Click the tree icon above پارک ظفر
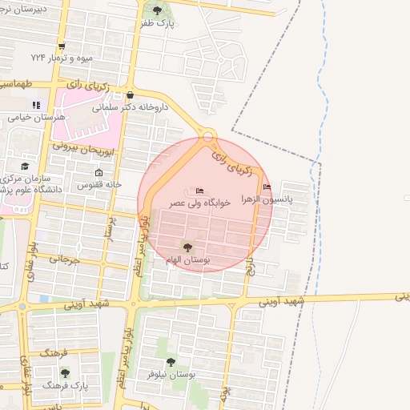point(157,10)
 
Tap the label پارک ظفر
point(157,24)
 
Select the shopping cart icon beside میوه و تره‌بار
point(62,46)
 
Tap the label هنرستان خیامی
point(36,117)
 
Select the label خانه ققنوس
point(98,184)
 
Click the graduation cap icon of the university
point(25,166)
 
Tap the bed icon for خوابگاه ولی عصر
point(199,191)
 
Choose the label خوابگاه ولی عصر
point(199,203)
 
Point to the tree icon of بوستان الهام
point(187,247)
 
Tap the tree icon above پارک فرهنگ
point(65,372)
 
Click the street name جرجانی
point(66,259)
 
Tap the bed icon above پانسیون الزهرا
point(267,187)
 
